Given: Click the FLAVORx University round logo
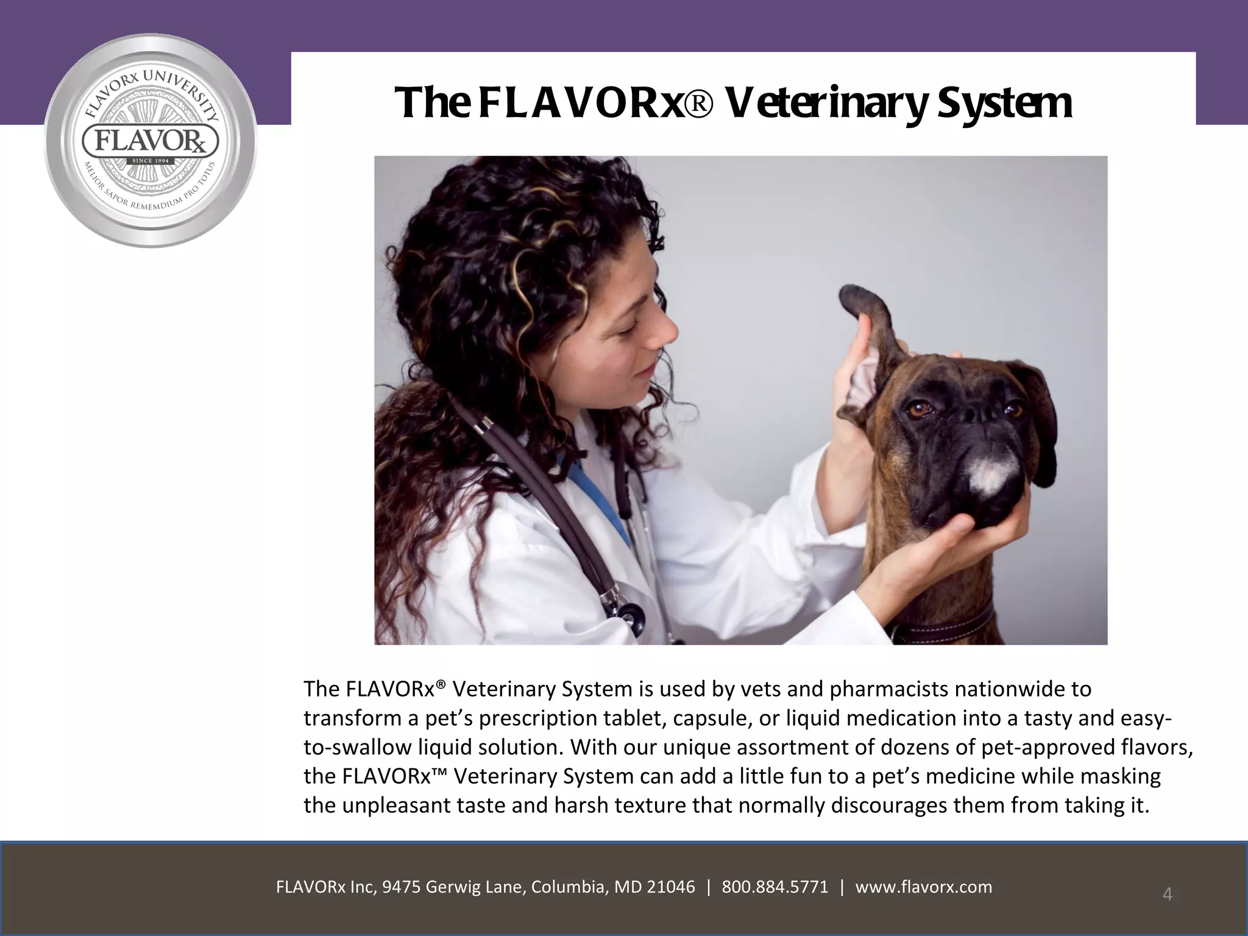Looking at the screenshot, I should tap(151, 141).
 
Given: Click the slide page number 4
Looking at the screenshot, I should tap(1168, 894).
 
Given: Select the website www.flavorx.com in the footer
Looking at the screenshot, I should tap(924, 887).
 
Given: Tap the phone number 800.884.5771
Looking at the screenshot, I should tap(775, 887).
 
